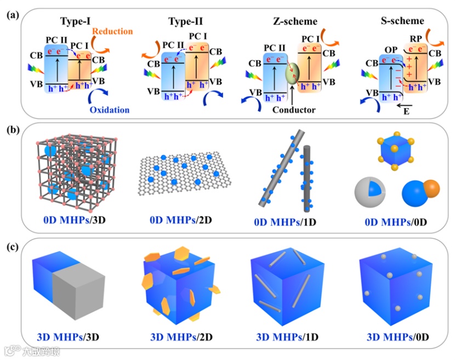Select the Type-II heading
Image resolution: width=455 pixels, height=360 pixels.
pos(185,22)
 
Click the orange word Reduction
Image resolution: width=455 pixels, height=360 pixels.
pos(112,32)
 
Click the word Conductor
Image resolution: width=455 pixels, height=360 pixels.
pos(294,110)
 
